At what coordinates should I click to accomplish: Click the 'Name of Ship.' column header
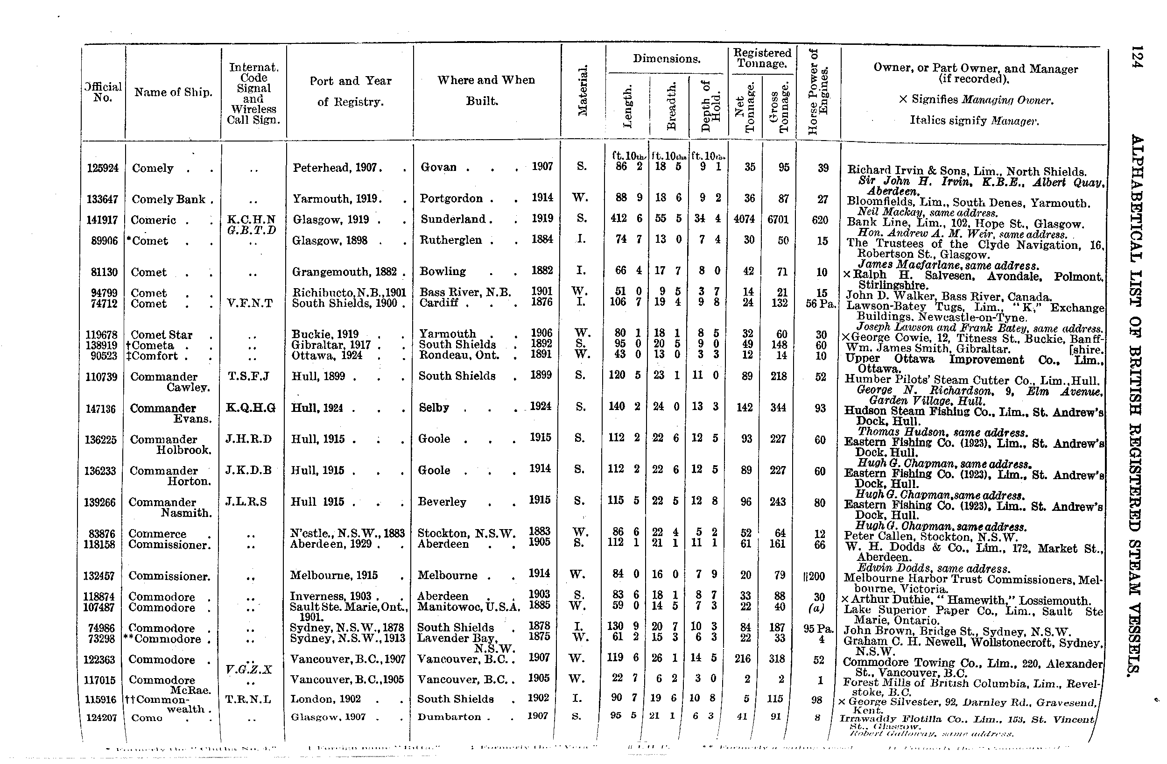[173, 92]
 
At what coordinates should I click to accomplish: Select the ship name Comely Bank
[168, 199]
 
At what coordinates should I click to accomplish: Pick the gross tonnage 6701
[778, 219]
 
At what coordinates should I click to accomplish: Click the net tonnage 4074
[745, 219]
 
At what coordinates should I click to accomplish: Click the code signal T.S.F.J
[249, 376]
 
